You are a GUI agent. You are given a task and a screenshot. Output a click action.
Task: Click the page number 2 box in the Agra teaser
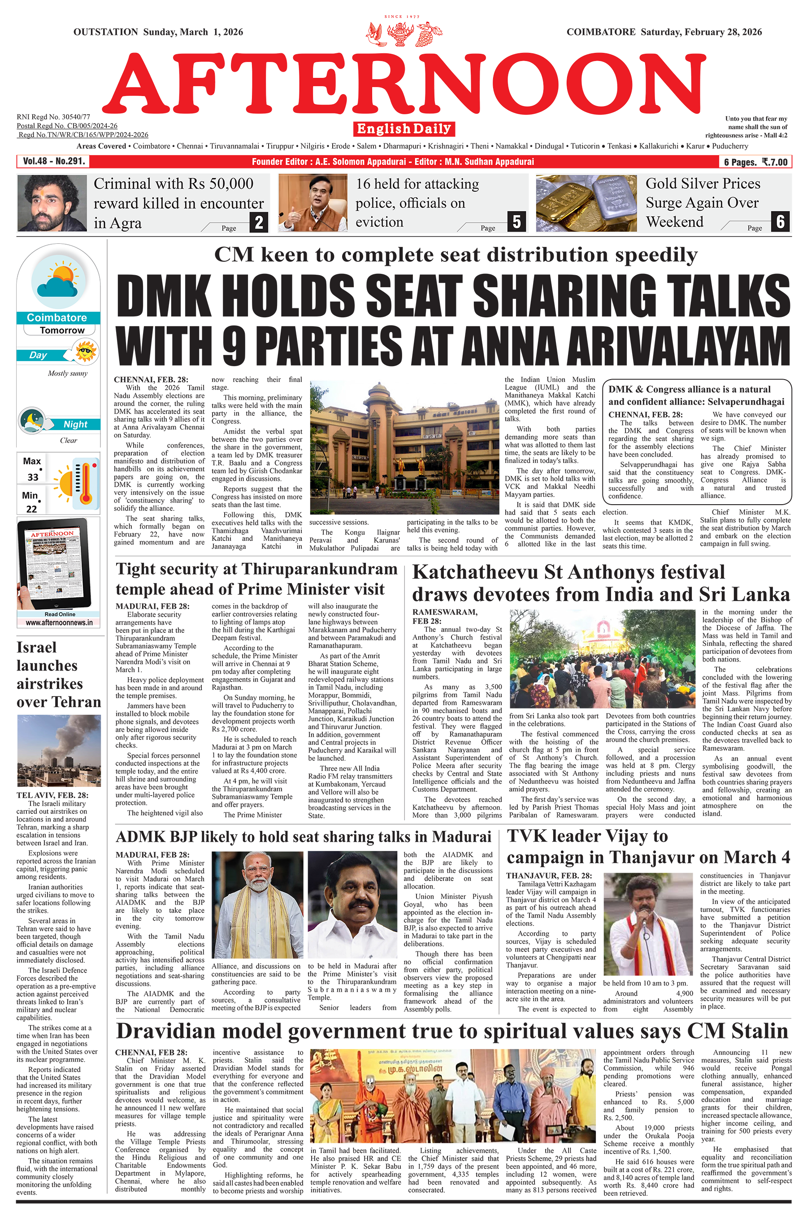coord(259,222)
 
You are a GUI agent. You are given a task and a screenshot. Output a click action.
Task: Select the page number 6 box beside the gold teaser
coord(780,222)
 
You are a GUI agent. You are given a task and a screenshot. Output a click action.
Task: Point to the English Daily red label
coord(404,129)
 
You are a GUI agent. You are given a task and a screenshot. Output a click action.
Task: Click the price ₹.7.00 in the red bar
coord(775,162)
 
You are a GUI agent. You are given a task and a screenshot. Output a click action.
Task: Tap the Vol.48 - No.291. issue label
coord(53,161)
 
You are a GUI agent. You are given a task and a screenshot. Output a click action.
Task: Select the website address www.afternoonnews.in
coord(59,622)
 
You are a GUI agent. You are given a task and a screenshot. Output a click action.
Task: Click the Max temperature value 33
coord(33,477)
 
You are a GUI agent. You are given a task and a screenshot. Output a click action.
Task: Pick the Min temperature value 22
coord(32,509)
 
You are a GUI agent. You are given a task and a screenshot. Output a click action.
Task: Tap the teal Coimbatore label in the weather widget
coord(56,318)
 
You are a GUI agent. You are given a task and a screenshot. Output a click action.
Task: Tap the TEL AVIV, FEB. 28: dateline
coord(52,795)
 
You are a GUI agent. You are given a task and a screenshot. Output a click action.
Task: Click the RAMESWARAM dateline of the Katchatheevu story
coord(445,612)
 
